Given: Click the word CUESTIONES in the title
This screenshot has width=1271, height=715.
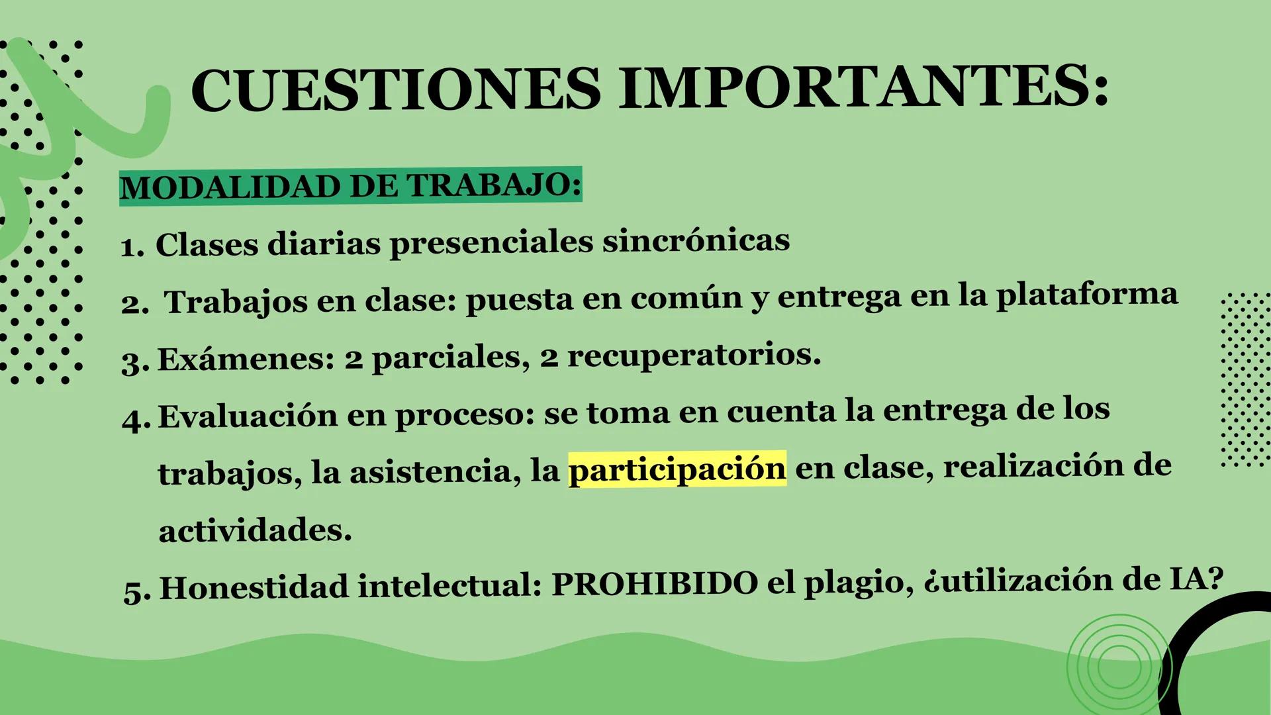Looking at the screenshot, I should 395,89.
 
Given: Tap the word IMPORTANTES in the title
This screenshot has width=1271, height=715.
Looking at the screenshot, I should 863,87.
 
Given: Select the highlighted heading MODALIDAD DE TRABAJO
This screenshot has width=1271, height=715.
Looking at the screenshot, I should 350,186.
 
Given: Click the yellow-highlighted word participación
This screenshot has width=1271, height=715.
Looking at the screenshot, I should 677,468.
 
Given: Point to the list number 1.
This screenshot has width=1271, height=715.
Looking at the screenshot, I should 132,248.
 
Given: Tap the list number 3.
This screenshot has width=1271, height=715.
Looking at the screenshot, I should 134,363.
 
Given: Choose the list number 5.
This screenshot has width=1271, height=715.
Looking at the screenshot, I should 136,591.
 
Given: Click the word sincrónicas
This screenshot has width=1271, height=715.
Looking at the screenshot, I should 696,240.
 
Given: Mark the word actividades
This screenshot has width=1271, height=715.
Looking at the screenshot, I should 255,530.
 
